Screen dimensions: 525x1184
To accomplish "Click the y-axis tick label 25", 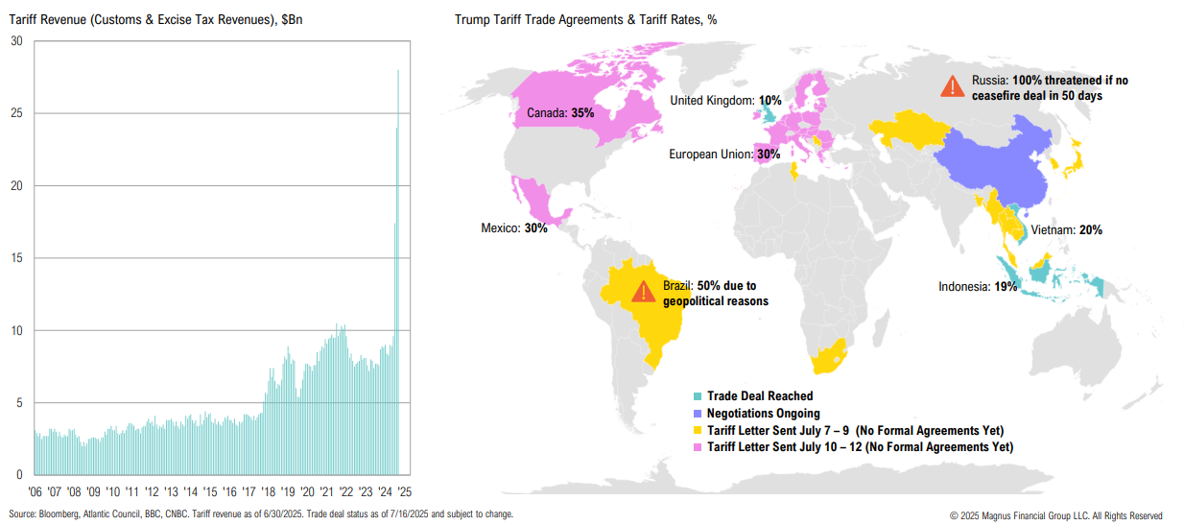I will point(16,113).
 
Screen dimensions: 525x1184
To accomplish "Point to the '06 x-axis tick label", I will point(36,490).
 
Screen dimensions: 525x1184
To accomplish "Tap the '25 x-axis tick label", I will point(405,490).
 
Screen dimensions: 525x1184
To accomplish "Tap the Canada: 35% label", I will point(560,113).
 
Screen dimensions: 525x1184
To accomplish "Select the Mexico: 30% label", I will point(513,228).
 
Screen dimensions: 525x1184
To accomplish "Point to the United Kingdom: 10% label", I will point(725,100).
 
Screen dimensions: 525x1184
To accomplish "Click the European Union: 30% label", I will point(724,154).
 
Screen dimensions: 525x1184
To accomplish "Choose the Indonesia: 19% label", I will point(977,286).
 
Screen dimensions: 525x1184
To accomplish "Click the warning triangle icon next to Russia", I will point(952,86).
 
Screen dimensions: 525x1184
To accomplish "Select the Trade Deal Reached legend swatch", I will point(698,396).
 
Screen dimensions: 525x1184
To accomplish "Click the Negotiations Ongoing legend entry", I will point(763,414).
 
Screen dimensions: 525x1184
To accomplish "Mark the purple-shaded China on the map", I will point(988,163).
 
